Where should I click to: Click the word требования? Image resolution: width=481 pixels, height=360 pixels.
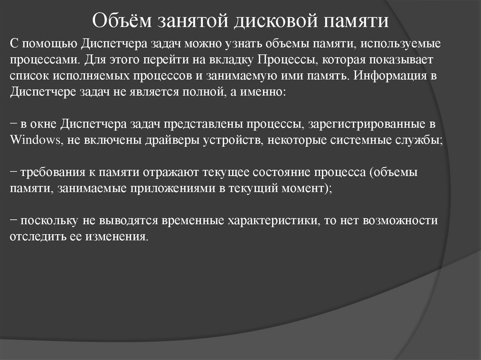(48, 173)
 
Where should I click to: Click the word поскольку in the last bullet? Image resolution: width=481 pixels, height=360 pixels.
(49, 221)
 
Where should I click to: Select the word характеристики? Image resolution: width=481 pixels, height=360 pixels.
(271, 221)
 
